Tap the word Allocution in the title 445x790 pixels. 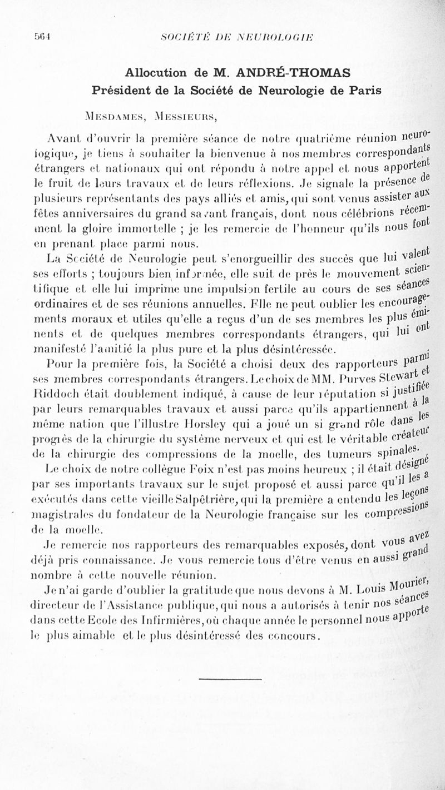[x=156, y=72]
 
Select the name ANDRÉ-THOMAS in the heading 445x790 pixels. [x=285, y=72]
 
